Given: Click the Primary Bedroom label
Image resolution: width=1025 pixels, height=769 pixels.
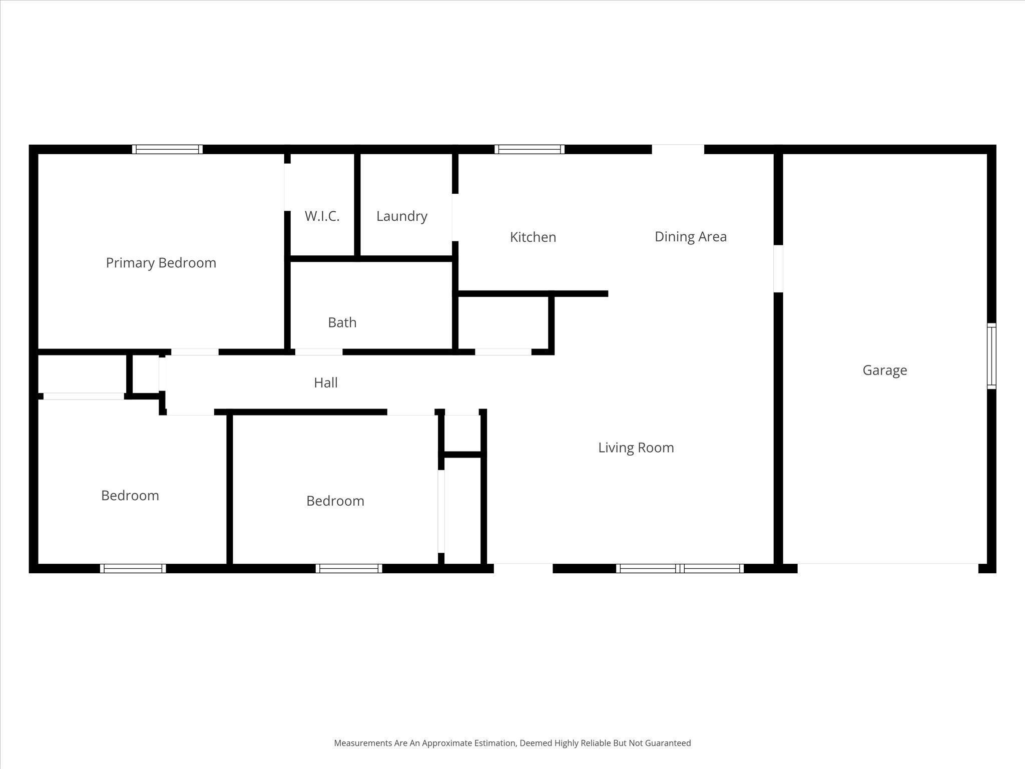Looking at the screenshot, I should pos(161,263).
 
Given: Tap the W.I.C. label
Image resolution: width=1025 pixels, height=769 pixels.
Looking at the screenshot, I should pos(322,216).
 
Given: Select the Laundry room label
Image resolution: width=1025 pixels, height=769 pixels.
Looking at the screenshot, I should pos(401,216).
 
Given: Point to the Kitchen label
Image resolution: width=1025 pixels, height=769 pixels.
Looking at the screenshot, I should pos(533,237).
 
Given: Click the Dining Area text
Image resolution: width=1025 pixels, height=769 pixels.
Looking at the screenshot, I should pos(690,237).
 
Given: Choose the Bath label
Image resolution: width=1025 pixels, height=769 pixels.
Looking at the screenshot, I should pos(342,322).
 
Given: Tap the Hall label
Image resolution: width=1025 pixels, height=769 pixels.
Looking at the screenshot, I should pos(325,383).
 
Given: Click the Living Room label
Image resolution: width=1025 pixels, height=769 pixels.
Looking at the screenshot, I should pos(636,448).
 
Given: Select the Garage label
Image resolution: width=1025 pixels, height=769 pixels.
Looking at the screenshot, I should pos(884,370).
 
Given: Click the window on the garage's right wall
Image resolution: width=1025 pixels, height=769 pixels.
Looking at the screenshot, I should pos(991,356).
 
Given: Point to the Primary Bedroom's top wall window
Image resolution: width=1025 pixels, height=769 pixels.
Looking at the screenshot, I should pos(167,149).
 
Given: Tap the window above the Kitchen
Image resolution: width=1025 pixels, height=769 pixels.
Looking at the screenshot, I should pos(530,149).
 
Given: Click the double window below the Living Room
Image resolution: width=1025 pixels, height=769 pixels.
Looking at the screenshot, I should pos(679,568).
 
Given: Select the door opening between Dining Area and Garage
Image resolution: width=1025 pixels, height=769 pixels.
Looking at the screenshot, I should pos(778,268).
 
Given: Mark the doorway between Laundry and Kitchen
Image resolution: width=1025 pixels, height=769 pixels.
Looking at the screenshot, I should pos(454,217).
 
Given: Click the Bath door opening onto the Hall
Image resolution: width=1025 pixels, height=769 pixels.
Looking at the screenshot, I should pos(318,352).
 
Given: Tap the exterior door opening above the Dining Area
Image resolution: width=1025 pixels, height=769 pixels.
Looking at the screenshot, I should pos(678,149).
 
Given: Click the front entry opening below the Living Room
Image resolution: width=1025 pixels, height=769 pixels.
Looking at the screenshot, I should pos(523,568).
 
